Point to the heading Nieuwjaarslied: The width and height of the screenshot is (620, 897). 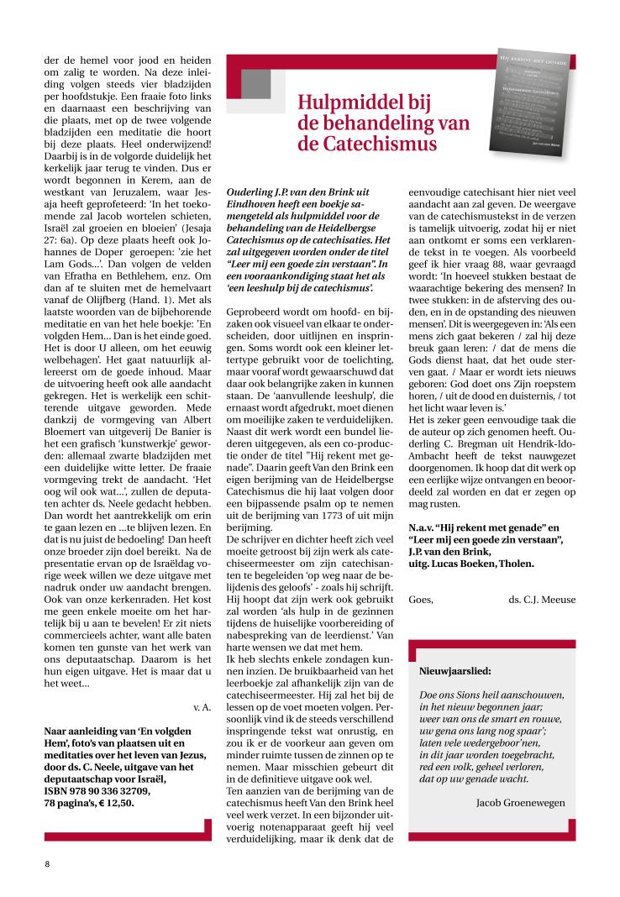[x=455, y=671]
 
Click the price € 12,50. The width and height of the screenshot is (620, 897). [x=118, y=803]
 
